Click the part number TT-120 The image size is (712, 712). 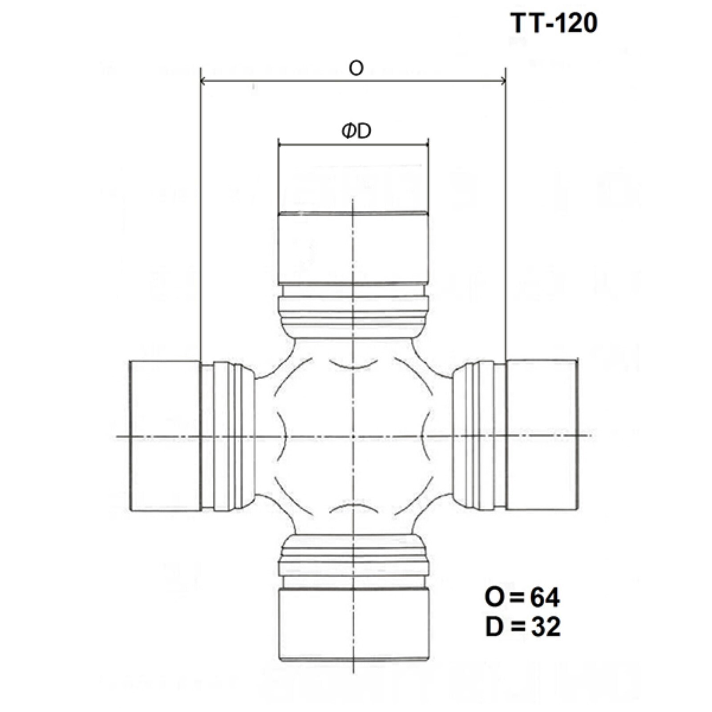553,23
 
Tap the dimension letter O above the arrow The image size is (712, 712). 356,68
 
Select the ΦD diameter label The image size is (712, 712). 356,131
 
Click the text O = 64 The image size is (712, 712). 522,597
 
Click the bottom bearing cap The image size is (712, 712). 354,624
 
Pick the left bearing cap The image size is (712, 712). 165,436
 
